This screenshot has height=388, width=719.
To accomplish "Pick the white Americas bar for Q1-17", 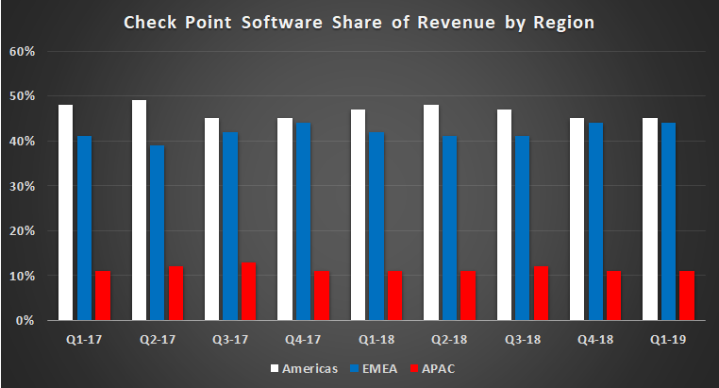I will (x=66, y=212).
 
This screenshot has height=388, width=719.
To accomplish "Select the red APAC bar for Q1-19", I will (x=686, y=296).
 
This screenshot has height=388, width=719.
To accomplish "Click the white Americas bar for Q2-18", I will (x=431, y=213).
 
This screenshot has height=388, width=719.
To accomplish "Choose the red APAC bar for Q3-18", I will (x=541, y=294).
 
